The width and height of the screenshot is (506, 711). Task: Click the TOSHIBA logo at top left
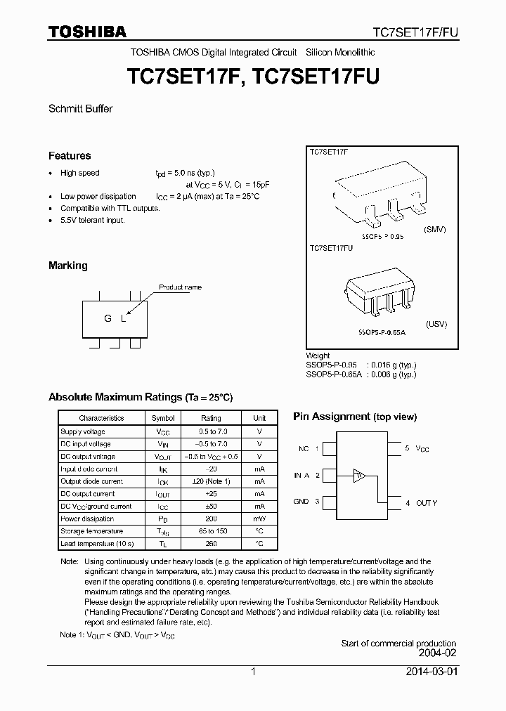click(87, 32)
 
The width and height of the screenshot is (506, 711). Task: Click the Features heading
click(70, 156)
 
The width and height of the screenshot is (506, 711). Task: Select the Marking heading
click(68, 266)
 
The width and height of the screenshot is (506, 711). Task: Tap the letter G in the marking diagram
click(108, 318)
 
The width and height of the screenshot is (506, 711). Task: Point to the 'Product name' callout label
click(180, 287)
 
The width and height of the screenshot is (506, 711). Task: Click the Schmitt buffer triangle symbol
click(359, 476)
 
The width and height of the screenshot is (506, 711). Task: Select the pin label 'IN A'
click(301, 476)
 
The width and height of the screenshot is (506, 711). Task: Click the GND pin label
click(301, 502)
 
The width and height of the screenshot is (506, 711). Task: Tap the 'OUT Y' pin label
click(426, 503)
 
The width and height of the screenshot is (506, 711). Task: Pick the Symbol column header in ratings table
click(163, 418)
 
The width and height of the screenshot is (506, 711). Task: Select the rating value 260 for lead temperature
click(211, 544)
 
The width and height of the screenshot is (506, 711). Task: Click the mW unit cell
click(259, 519)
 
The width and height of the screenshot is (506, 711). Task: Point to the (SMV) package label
click(436, 230)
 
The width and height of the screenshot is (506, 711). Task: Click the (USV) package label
click(436, 324)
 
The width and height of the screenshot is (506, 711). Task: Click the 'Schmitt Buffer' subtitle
click(80, 109)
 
